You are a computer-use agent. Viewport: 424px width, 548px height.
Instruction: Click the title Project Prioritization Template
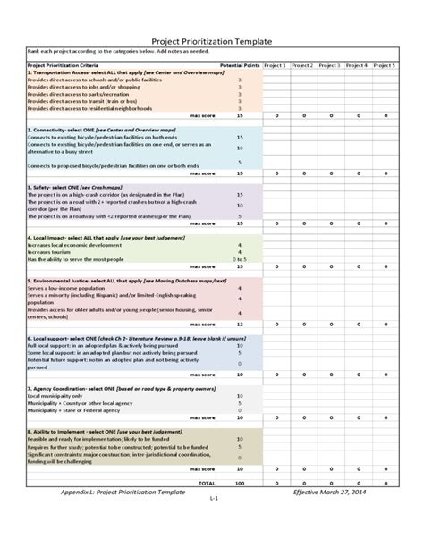pyautogui.click(x=212, y=42)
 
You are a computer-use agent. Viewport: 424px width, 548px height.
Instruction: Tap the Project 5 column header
pyautogui.click(x=385, y=65)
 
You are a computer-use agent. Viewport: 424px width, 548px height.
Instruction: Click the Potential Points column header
pyautogui.click(x=239, y=65)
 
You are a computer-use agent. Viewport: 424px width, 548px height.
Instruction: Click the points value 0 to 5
pyautogui.click(x=240, y=259)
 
